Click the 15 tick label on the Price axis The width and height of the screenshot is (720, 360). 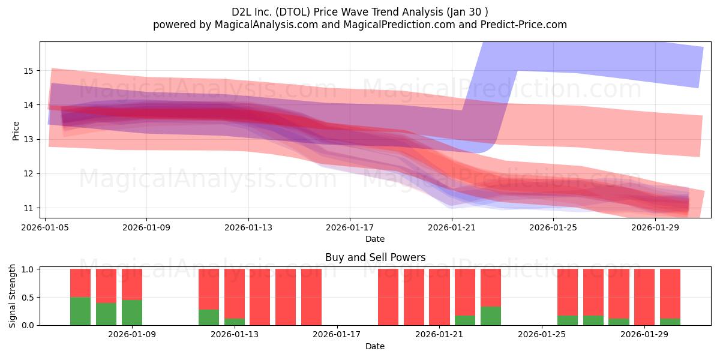pyautogui.click(x=28, y=71)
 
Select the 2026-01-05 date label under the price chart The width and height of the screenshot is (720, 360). pyautogui.click(x=45, y=227)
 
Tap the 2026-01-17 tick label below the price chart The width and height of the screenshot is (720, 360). pyautogui.click(x=350, y=227)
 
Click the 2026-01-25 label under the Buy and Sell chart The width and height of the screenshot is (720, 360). pyautogui.click(x=542, y=334)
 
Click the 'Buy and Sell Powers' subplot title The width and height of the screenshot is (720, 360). pyautogui.click(x=375, y=257)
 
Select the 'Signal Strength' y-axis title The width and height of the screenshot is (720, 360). pyautogui.click(x=12, y=296)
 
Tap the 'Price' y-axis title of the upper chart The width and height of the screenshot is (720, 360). pyautogui.click(x=16, y=131)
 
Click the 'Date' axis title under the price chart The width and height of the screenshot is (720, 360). pyautogui.click(x=375, y=239)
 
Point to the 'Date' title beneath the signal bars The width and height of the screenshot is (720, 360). pyautogui.click(x=375, y=346)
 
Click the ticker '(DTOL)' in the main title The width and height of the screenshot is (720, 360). pyautogui.click(x=293, y=12)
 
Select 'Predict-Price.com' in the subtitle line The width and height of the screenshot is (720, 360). pyautogui.click(x=524, y=25)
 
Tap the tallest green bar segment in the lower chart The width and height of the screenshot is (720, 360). pyautogui.click(x=80, y=311)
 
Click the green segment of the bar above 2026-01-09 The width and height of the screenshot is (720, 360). pyautogui.click(x=132, y=313)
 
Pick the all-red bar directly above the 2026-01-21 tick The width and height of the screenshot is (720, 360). pyautogui.click(x=439, y=297)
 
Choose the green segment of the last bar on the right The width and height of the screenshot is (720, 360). pyautogui.click(x=670, y=322)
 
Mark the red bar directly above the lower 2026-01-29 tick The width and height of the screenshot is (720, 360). pyautogui.click(x=644, y=297)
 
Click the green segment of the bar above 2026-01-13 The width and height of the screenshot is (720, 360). pyautogui.click(x=235, y=322)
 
